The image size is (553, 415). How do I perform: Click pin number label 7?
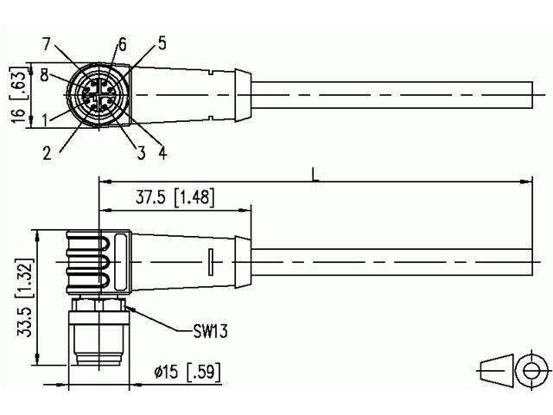coord(48,43)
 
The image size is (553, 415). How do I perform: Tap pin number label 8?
coord(44,75)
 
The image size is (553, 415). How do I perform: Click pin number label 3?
coord(138,153)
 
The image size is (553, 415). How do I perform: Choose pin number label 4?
coord(162,153)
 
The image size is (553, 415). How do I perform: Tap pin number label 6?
coord(122,43)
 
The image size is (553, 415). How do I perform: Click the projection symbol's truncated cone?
coord(493,368)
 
